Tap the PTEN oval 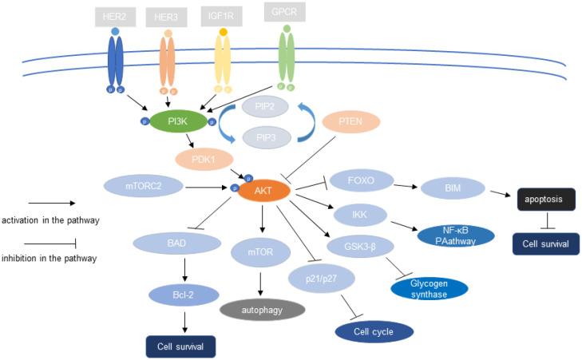click(x=351, y=122)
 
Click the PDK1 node click(x=205, y=158)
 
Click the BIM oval click(x=453, y=188)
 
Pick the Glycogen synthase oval click(x=430, y=288)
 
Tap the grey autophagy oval click(x=261, y=307)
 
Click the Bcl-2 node click(x=183, y=295)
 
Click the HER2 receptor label click(x=116, y=16)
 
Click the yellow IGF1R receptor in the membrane click(x=223, y=64)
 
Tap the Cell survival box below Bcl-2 click(x=181, y=346)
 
